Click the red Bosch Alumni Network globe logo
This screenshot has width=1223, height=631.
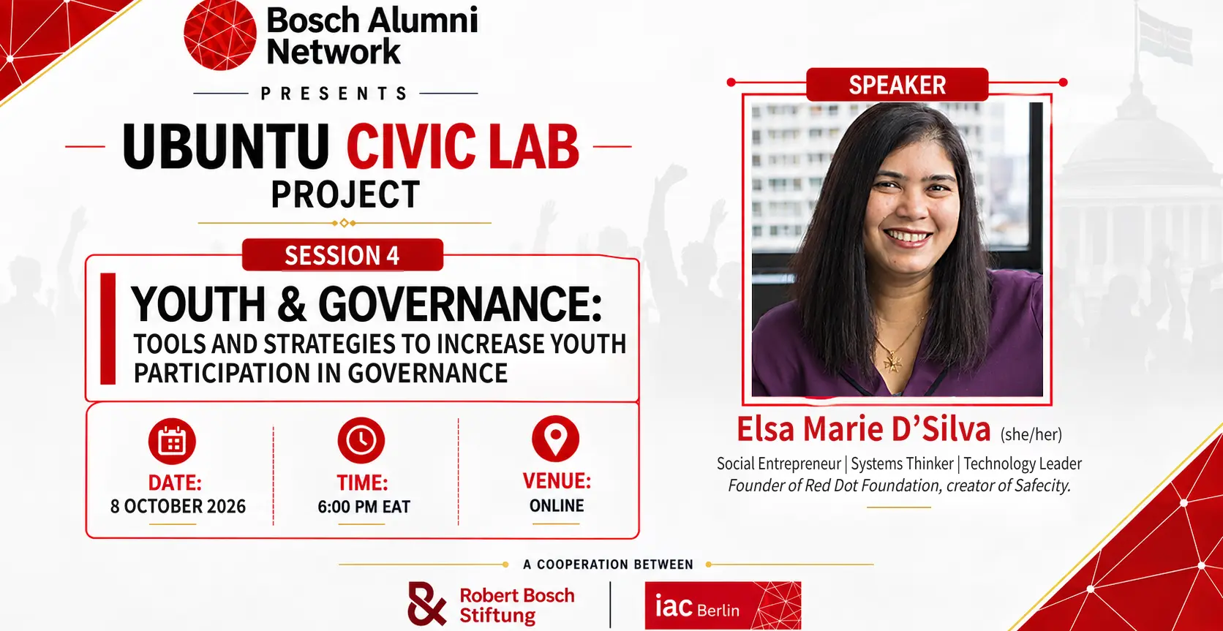(220, 34)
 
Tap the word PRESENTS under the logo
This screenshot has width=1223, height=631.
(335, 94)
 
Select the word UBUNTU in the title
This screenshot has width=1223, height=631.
(225, 146)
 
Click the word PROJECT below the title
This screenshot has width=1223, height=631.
(345, 194)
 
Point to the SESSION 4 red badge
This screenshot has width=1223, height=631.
(342, 255)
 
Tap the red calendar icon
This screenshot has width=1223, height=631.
(172, 442)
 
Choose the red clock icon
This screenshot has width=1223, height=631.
(361, 440)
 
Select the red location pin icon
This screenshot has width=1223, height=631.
(555, 439)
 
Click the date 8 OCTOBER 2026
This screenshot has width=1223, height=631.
(178, 507)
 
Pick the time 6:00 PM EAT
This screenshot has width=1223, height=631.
(364, 507)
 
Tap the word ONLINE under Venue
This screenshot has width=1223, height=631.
(557, 505)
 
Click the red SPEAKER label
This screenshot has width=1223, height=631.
(897, 85)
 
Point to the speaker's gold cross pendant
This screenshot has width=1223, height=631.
(894, 361)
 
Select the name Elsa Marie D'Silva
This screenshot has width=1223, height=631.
(863, 429)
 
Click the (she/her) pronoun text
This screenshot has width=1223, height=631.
(1031, 434)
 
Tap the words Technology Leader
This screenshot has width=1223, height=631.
(1022, 464)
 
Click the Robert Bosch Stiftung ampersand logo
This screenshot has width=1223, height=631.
(427, 604)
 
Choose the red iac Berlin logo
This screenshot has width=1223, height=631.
(723, 605)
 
